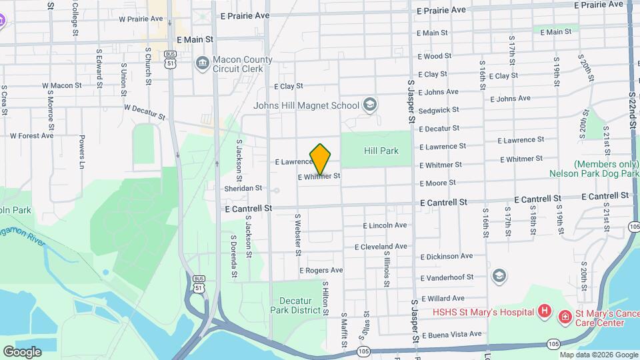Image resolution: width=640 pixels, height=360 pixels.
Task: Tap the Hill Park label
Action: tap(381, 151)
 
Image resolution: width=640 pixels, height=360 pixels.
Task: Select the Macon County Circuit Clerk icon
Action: tap(201, 63)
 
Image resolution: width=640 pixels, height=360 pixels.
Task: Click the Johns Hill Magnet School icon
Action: tap(369, 105)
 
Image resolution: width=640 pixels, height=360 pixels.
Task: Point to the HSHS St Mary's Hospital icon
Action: tap(545, 312)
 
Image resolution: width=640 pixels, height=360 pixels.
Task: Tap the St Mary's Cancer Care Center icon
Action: tap(565, 316)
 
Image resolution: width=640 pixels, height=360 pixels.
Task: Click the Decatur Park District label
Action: tap(295, 305)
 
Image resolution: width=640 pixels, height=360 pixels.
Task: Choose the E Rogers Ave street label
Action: tap(321, 271)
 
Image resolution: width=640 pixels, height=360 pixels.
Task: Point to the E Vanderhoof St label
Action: tap(447, 277)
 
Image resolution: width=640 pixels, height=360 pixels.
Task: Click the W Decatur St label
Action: tap(144, 111)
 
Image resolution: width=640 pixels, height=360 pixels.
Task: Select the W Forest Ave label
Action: tap(29, 135)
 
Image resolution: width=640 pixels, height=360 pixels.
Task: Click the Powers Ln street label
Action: tap(82, 152)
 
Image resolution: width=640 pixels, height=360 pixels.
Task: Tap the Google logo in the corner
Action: tap(22, 351)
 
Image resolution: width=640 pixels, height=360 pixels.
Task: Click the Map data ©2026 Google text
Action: tap(598, 355)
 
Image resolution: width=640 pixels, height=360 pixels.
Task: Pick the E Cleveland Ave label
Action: tap(381, 247)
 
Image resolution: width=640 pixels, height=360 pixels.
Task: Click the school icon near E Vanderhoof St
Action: tap(499, 275)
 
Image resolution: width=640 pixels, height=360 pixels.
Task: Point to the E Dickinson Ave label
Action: tap(447, 256)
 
